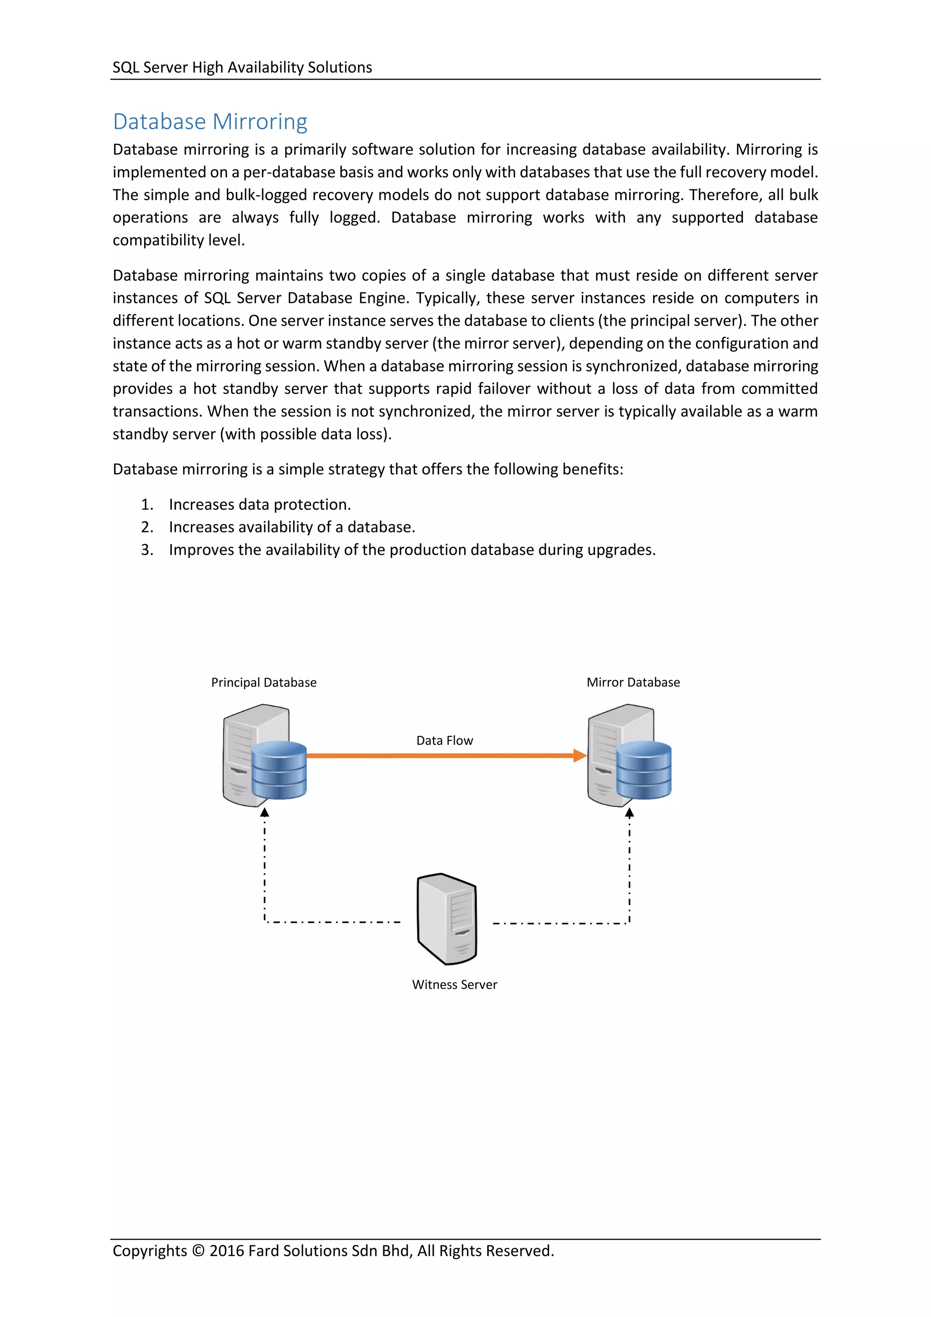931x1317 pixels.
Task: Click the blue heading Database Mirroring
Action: (x=210, y=121)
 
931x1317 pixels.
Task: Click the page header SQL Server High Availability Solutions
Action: (x=242, y=68)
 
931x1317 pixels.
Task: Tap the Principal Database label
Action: (x=264, y=683)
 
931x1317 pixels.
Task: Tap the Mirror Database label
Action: (x=633, y=683)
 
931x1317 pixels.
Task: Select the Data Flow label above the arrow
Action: (x=444, y=740)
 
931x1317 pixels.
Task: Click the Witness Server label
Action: (x=455, y=984)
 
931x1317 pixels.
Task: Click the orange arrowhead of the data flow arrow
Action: (x=580, y=755)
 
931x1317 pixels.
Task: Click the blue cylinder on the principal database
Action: (x=279, y=770)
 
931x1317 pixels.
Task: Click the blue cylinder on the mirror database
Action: (x=644, y=770)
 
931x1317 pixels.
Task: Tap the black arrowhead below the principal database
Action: (x=264, y=812)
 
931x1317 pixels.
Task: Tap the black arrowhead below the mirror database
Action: (x=630, y=812)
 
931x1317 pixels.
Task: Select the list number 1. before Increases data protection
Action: (x=147, y=505)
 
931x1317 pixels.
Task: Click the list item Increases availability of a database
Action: (x=292, y=527)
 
